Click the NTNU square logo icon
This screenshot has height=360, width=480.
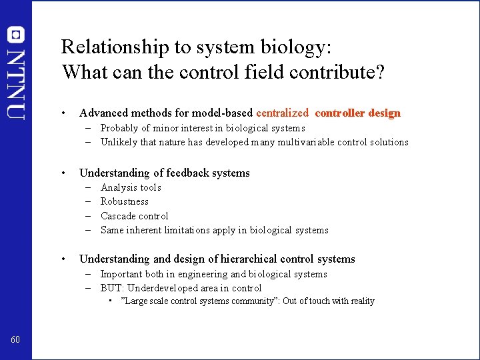click(x=15, y=35)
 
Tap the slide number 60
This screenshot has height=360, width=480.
click(x=15, y=341)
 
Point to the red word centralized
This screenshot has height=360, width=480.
click(x=282, y=113)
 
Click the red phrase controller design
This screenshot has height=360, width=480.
click(x=357, y=113)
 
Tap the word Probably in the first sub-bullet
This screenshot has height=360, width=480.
click(x=120, y=128)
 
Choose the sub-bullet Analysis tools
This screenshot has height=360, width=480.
click(x=131, y=187)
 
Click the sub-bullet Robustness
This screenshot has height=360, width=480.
click(x=125, y=201)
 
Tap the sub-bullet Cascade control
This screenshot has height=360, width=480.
click(x=134, y=216)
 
